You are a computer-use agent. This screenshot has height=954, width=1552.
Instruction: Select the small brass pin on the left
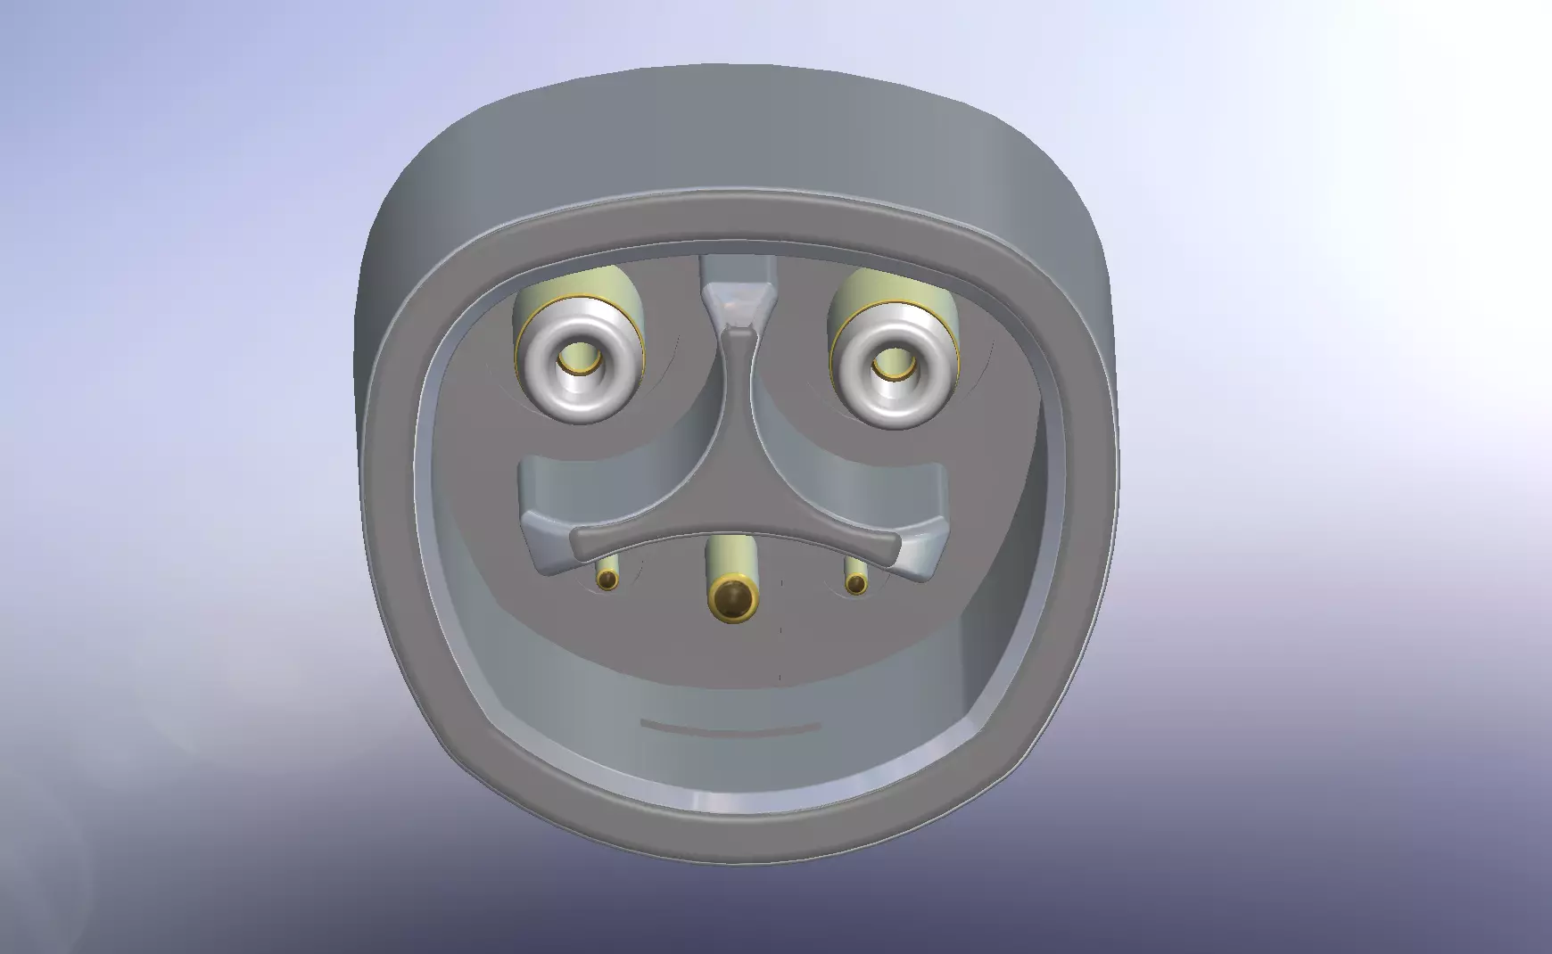coord(607,580)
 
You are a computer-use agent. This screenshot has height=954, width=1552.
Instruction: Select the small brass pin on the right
coord(856,584)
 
